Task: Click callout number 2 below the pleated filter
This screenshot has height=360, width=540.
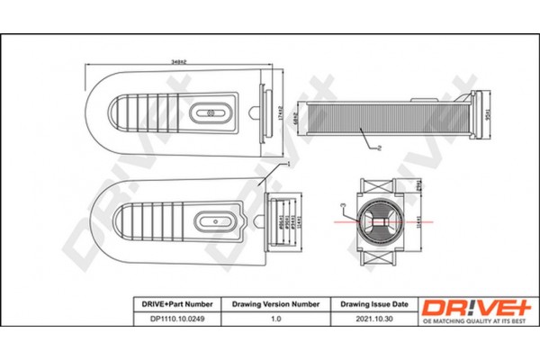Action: coord(382,147)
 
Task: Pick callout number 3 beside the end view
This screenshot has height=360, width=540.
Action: coord(342,206)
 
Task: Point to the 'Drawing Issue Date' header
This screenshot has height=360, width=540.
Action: coord(374,304)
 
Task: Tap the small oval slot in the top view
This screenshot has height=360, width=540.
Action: coord(215,114)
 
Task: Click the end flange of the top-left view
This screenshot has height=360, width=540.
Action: coord(265,114)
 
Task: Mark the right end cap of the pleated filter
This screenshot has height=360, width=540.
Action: coord(477,113)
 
